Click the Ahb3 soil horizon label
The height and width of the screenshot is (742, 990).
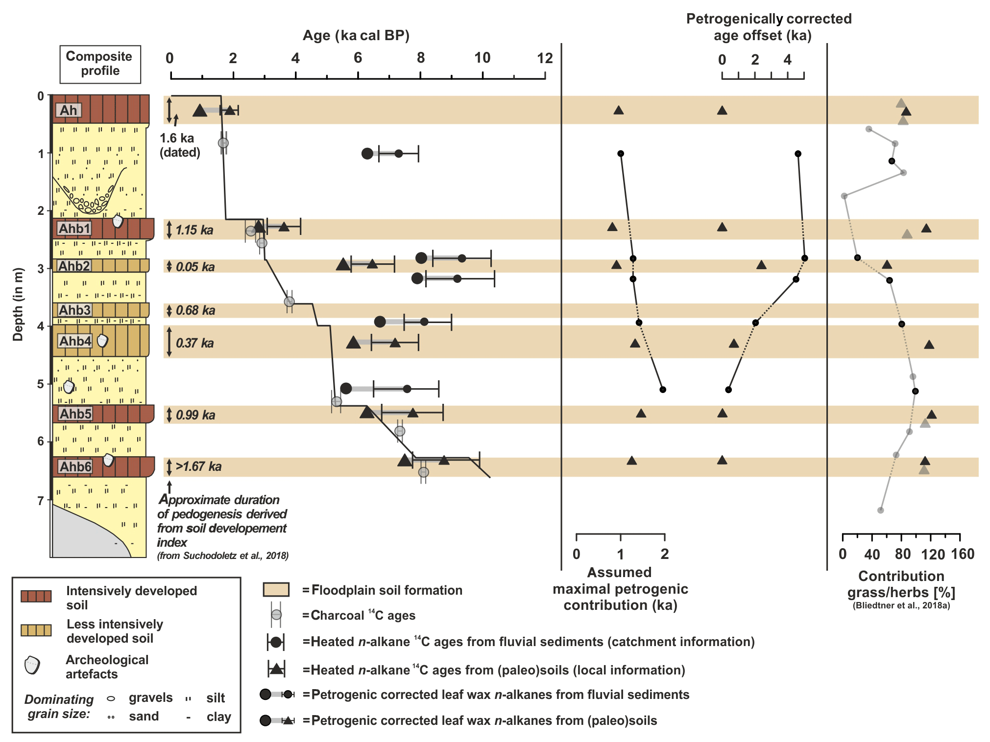(x=75, y=310)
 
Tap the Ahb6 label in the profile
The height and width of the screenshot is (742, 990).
(x=75, y=467)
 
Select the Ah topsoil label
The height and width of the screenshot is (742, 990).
(x=68, y=111)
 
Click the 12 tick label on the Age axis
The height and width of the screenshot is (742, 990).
(x=545, y=58)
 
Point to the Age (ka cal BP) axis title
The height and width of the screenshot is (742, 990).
(x=356, y=35)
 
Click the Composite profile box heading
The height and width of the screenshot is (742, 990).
(x=100, y=64)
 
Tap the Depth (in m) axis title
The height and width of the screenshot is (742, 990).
(x=18, y=304)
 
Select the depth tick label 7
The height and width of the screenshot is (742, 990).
(x=41, y=500)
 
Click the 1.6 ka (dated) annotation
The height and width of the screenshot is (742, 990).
(x=180, y=145)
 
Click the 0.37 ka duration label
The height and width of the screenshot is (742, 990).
(x=194, y=343)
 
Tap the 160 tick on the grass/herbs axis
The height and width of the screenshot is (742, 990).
(x=963, y=555)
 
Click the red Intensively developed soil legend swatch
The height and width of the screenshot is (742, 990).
(x=36, y=596)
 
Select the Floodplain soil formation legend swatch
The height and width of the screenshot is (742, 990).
(x=276, y=590)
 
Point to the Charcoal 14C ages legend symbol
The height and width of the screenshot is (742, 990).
(x=276, y=615)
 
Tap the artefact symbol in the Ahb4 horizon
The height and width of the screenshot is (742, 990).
(x=102, y=340)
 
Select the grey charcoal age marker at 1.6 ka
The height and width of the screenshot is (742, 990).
(x=223, y=143)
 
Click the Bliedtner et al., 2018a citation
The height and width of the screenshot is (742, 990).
(x=901, y=605)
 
